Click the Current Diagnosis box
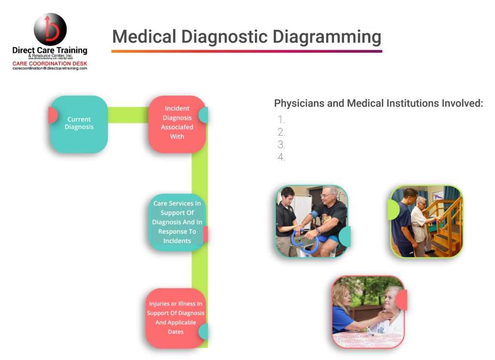(79, 124)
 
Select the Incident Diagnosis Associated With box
(177, 123)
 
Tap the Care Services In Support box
(177, 222)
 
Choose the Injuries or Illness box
(175, 317)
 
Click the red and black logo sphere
(49, 29)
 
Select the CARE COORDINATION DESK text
(50, 63)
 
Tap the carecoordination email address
(50, 69)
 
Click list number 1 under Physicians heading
(281, 120)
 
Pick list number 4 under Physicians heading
(281, 157)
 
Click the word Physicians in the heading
(297, 103)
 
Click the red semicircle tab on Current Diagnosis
(52, 115)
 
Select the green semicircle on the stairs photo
(394, 210)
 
